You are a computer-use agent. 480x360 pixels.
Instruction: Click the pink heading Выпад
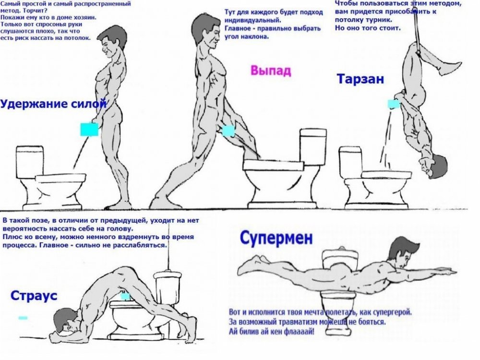click(x=271, y=71)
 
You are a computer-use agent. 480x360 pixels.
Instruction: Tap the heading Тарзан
click(x=360, y=79)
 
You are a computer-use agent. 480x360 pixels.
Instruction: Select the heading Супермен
click(x=276, y=238)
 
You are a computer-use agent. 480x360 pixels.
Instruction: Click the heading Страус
click(x=34, y=296)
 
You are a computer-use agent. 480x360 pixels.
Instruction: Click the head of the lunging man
click(x=206, y=32)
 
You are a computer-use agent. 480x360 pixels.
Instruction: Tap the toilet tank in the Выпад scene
click(x=313, y=147)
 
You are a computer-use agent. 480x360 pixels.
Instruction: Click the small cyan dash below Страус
click(x=23, y=318)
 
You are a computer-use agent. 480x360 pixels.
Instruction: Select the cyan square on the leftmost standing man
click(x=89, y=130)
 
